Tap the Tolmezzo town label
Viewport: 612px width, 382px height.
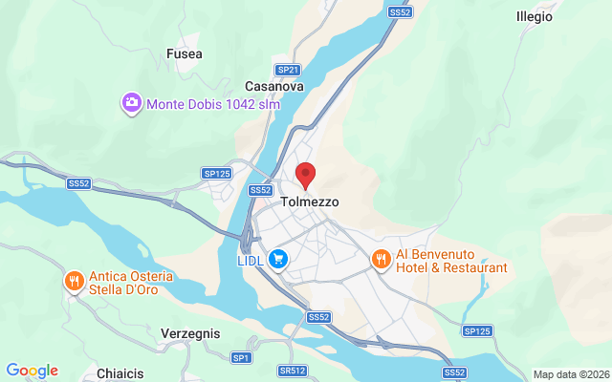310,202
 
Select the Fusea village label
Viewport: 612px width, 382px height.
184,54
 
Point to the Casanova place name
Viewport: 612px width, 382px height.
274,86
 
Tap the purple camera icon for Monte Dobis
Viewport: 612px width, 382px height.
132,102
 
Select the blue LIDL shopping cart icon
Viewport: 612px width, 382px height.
278,259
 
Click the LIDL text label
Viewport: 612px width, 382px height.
251,259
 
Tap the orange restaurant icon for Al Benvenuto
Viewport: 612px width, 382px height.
381,259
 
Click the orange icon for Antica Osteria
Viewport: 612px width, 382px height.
74,281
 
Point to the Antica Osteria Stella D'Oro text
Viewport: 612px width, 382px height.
131,283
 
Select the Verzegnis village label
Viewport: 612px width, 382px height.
191,334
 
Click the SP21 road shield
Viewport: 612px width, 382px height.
288,70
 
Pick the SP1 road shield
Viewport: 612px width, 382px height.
240,357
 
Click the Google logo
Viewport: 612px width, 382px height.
32,371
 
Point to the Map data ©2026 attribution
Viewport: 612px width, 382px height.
570,374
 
